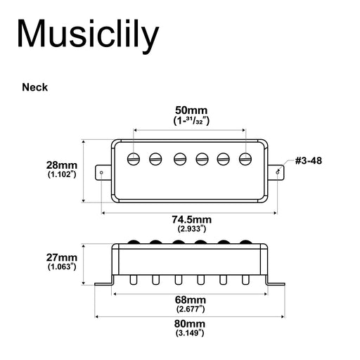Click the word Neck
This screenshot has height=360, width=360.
coord(34,88)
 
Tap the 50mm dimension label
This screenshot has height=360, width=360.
coord(191,111)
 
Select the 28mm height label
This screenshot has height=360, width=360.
coord(62,162)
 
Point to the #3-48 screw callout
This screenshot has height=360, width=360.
coord(309,161)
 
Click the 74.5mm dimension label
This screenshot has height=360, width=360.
coord(191,219)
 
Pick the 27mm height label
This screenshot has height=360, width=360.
coord(62,257)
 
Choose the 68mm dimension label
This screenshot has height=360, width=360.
coord(191,300)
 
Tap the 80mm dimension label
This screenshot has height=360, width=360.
coord(191,323)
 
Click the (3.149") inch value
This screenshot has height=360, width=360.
coord(191,332)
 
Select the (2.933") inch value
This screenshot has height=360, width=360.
coord(191,229)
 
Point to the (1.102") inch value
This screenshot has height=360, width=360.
coord(62,173)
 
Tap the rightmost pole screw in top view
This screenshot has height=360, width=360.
coord(246,158)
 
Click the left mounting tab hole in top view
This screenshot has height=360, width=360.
coord(103,171)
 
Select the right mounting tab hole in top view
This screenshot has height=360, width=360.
coord(280,171)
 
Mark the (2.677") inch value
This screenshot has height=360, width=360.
coord(191,309)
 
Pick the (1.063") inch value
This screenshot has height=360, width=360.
coord(62,267)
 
